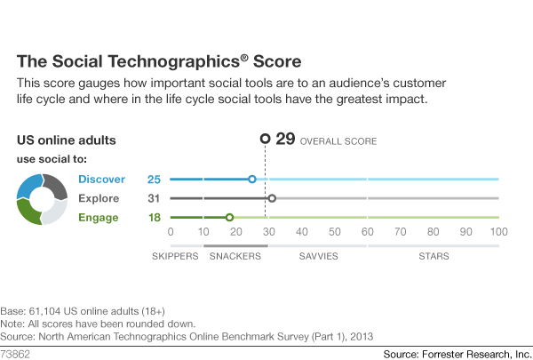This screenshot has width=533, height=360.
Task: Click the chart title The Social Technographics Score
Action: click(159, 62)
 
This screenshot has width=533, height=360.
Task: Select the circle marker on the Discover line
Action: click(252, 179)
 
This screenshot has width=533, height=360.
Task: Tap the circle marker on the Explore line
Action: click(272, 198)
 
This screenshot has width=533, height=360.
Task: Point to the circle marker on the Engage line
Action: click(229, 217)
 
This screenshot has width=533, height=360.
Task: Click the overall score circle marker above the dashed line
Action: click(264, 139)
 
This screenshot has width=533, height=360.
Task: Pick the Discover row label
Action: click(101, 179)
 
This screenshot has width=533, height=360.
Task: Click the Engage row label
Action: click(99, 217)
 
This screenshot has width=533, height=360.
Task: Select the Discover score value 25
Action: click(154, 179)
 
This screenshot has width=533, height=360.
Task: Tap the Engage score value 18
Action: click(154, 217)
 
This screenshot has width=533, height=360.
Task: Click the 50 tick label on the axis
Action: click(334, 232)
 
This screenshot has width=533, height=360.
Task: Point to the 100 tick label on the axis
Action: click(498, 232)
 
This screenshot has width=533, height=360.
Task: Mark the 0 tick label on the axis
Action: click(171, 232)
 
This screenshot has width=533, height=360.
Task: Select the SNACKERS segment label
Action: click(235, 256)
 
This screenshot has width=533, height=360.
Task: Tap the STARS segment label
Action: click(433, 256)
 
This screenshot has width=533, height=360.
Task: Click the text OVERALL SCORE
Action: click(338, 140)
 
